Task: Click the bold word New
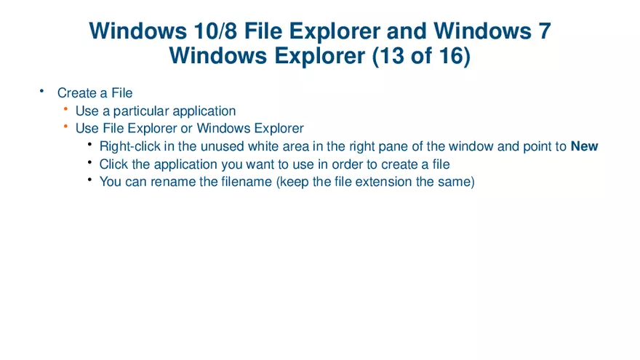[584, 146]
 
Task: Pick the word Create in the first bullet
[77, 93]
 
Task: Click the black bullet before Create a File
[41, 91]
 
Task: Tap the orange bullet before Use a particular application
[65, 109]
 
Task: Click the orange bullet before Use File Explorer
[65, 127]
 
